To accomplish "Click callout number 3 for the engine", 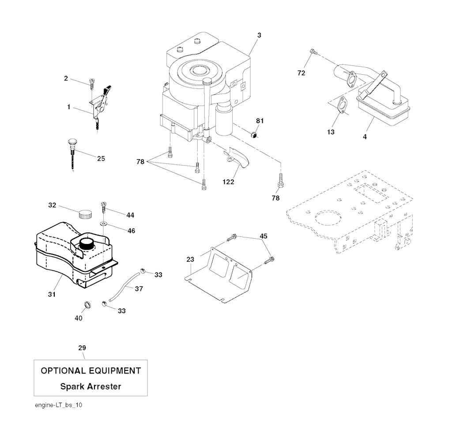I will click(259, 35).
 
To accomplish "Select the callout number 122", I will click(229, 181).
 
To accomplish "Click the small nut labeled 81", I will click(254, 134).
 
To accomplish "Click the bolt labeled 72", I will click(313, 53).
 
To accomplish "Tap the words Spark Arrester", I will click(90, 386).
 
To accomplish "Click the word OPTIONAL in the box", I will click(63, 371).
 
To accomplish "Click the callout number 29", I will click(82, 348).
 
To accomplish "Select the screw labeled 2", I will click(91, 83).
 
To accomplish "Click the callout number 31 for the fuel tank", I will click(52, 294).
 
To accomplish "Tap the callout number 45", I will click(263, 236).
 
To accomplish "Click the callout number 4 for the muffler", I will click(365, 137).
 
